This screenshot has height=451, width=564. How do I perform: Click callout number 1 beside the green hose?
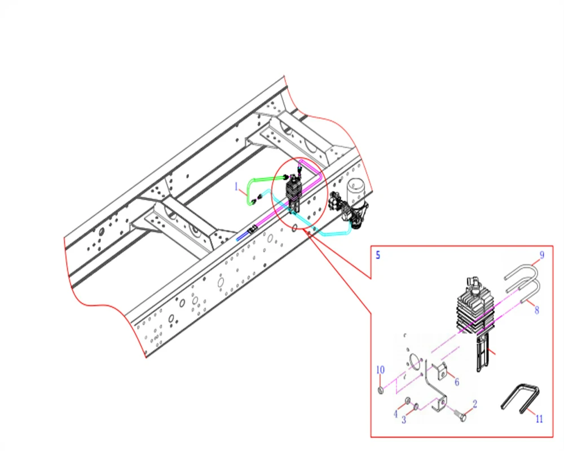[236, 186]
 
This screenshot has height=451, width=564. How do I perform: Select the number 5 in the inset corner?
[378, 255]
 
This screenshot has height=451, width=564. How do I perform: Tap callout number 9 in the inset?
[541, 255]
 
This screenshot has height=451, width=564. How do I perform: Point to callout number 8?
[537, 310]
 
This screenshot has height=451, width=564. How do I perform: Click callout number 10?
[380, 370]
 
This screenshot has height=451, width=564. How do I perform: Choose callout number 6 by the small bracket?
[457, 382]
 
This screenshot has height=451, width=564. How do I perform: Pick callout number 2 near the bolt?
[475, 404]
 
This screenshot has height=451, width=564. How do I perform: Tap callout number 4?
[396, 414]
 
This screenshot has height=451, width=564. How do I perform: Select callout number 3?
[404, 419]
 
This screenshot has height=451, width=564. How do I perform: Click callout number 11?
[539, 419]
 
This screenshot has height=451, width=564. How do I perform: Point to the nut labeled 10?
[380, 390]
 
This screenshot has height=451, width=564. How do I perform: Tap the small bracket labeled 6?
[442, 372]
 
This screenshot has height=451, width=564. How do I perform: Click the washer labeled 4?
[408, 401]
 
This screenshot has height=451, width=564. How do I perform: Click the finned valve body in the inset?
[475, 309]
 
